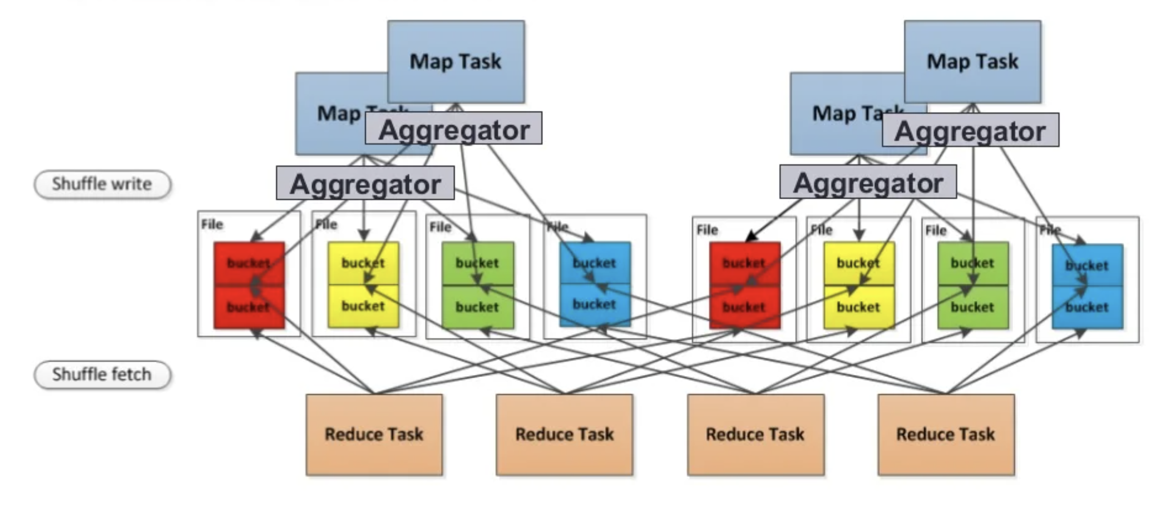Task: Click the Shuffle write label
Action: (x=102, y=184)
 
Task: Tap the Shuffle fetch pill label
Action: (x=102, y=374)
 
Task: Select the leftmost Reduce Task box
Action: (x=374, y=435)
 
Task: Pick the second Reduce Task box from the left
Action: (x=565, y=435)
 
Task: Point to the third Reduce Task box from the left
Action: (x=755, y=435)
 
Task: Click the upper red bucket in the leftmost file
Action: (x=249, y=263)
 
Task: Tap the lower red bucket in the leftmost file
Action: (x=249, y=307)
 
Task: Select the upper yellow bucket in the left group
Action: (x=363, y=263)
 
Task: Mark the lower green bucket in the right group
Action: (x=973, y=308)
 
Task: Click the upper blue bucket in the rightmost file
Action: (x=1087, y=265)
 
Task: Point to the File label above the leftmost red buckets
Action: (x=212, y=225)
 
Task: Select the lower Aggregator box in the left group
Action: (x=365, y=183)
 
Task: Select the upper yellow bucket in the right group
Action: (x=859, y=263)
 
